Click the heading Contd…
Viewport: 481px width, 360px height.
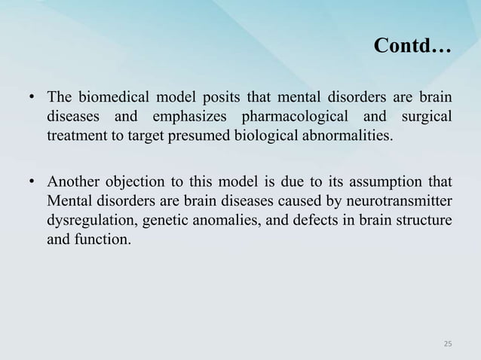[x=412, y=49]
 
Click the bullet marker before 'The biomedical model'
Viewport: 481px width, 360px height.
[x=31, y=99]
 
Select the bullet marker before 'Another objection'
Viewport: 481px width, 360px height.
[x=31, y=182]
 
